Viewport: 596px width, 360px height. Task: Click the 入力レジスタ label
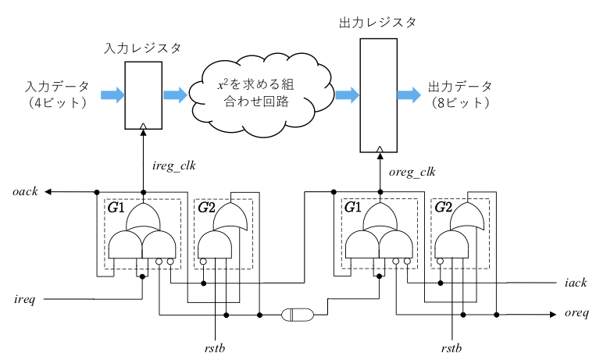click(x=143, y=48)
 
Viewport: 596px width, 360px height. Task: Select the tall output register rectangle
click(x=379, y=95)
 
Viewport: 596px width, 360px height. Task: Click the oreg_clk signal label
click(x=412, y=172)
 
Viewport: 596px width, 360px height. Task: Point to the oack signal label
click(x=25, y=191)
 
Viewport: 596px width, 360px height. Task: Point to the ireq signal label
click(x=25, y=298)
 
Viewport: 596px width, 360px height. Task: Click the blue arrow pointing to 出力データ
click(x=408, y=95)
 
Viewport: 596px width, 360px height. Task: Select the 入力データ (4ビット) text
click(x=57, y=94)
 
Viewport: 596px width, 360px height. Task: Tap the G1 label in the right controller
click(x=353, y=208)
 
